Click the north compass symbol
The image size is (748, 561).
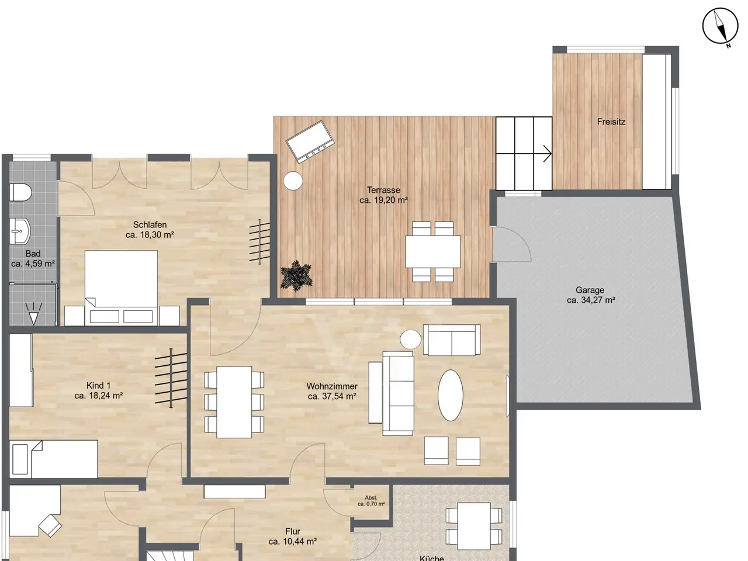[x=720, y=27]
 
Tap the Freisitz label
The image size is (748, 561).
[x=611, y=122]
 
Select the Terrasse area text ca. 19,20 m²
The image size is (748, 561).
[x=384, y=200]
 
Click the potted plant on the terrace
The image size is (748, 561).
[x=296, y=275]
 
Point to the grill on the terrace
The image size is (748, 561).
[x=310, y=141]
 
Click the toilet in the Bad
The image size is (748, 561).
[x=20, y=192]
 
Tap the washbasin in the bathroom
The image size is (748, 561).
[x=20, y=231]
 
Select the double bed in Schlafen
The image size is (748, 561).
[x=122, y=288]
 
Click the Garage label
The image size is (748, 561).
[x=590, y=290]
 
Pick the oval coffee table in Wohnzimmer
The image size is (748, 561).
[x=451, y=395]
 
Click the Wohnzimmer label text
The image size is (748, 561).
[x=332, y=386]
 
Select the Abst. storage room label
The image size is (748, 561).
[x=371, y=498]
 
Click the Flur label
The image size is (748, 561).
[x=293, y=531]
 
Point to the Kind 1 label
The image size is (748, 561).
[x=99, y=386]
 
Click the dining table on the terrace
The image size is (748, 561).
[x=433, y=251]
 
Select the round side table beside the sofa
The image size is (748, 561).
[x=411, y=340]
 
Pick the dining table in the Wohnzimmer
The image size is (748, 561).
[x=234, y=402]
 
